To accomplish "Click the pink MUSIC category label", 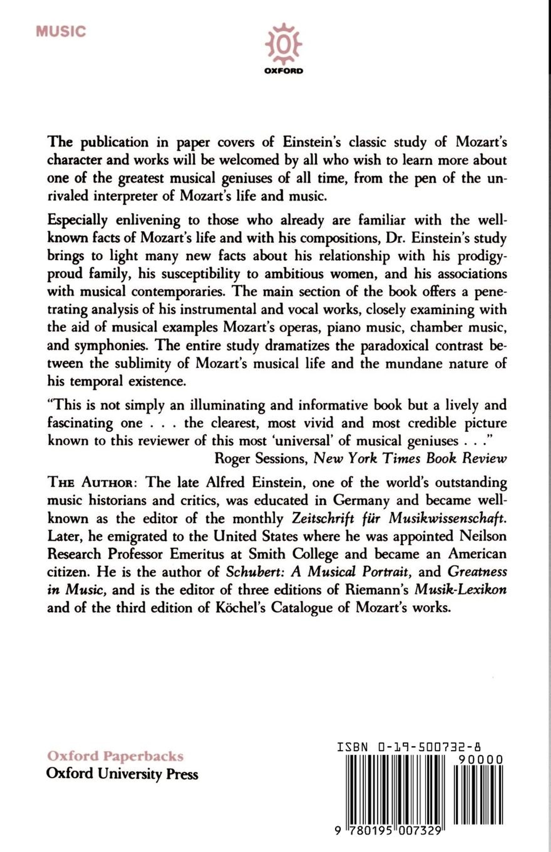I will pyautogui.click(x=61, y=31).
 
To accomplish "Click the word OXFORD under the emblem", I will pyautogui.click(x=283, y=71).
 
